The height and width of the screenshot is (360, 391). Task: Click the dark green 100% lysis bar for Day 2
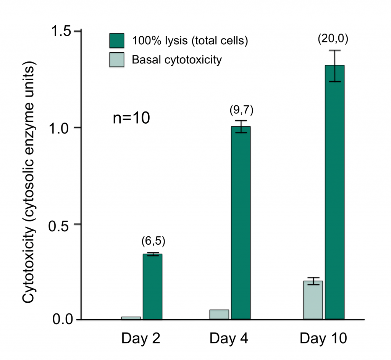tap(152, 286)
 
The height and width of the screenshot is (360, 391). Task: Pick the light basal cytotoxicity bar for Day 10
tap(313, 300)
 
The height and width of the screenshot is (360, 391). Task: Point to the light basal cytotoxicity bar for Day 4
tap(219, 314)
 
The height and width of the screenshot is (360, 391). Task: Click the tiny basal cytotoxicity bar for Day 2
tap(131, 318)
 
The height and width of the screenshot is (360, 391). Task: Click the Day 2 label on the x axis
tap(141, 338)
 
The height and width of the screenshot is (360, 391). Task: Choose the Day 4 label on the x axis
tap(229, 338)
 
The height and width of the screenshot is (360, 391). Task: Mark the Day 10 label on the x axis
tap(323, 338)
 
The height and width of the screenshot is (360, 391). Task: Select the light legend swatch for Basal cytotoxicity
tap(117, 60)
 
